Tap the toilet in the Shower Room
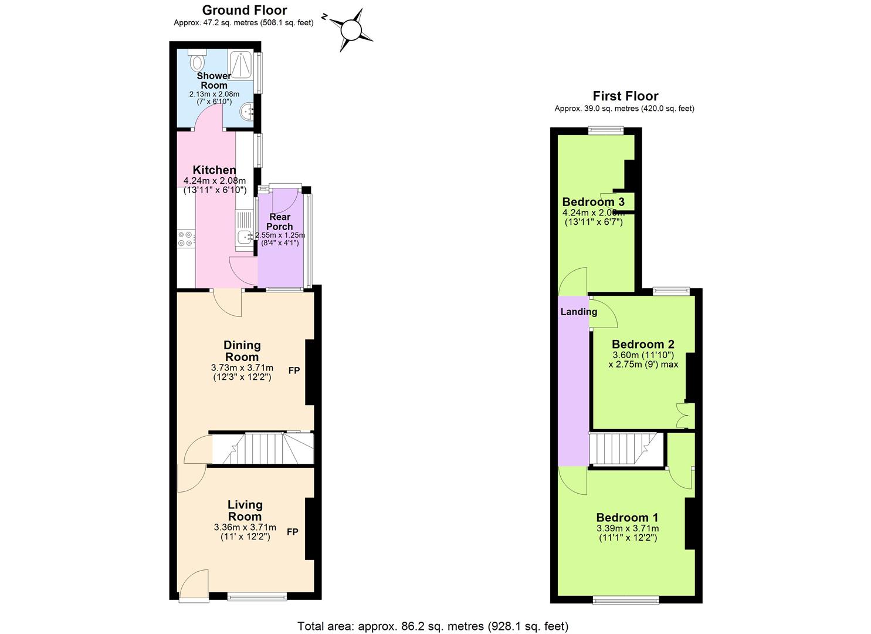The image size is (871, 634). pyautogui.click(x=198, y=60)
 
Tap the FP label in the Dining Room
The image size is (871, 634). pyautogui.click(x=294, y=370)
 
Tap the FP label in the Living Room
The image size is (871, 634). pyautogui.click(x=293, y=532)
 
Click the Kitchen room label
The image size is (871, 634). pyautogui.click(x=214, y=170)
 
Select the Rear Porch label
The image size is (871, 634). pyautogui.click(x=280, y=222)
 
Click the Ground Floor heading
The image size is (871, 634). pyautogui.click(x=245, y=10)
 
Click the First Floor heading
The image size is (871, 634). pyautogui.click(x=625, y=96)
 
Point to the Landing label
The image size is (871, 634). pyautogui.click(x=578, y=312)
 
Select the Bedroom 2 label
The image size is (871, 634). pyautogui.click(x=643, y=345)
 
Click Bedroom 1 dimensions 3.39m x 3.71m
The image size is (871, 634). pyautogui.click(x=627, y=528)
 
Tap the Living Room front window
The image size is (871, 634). pyautogui.click(x=257, y=597)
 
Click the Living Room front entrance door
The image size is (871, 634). pyautogui.click(x=194, y=585)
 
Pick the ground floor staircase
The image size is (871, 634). pyautogui.click(x=262, y=449)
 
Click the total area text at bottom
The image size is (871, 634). pyautogui.click(x=433, y=626)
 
